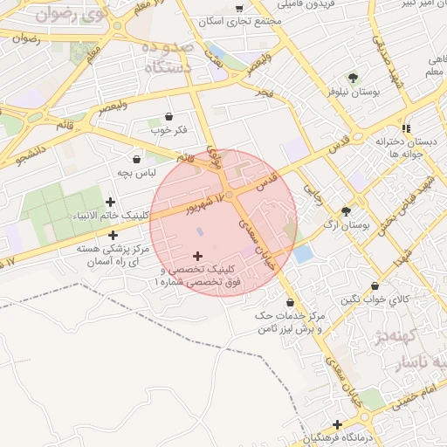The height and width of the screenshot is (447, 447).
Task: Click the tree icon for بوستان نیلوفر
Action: [x=353, y=78]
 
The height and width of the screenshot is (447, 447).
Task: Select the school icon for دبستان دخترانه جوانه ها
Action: [x=405, y=125]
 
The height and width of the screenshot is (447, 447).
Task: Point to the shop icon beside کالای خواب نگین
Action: [x=375, y=285]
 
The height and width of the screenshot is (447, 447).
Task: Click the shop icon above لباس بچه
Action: [x=137, y=159]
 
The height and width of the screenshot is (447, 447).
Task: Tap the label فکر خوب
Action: [x=168, y=130]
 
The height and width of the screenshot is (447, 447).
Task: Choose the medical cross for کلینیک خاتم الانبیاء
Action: [x=110, y=203]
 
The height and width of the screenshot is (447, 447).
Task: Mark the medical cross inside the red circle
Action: [x=197, y=256]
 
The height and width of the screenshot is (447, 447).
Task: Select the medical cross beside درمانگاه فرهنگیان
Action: [x=337, y=424]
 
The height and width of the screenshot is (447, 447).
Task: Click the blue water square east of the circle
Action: [x=303, y=254]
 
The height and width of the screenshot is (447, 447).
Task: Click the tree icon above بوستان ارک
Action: [x=347, y=210]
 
